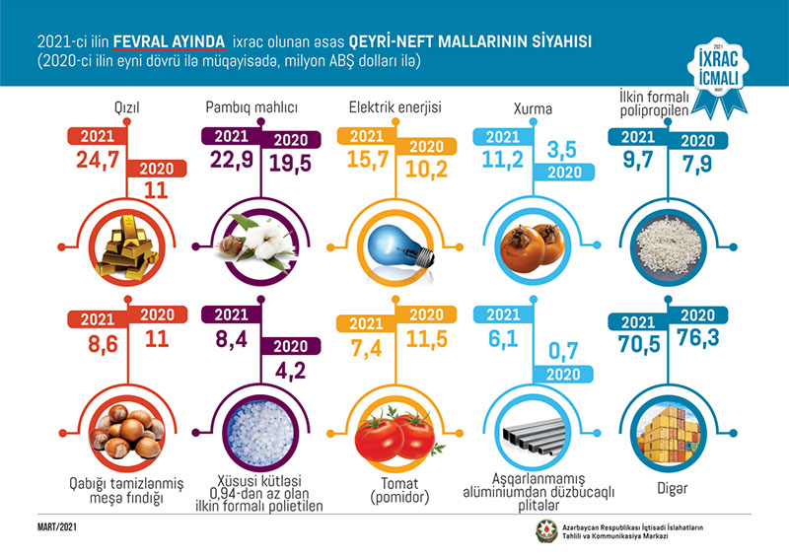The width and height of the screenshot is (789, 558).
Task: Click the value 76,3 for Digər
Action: [x=703, y=341]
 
